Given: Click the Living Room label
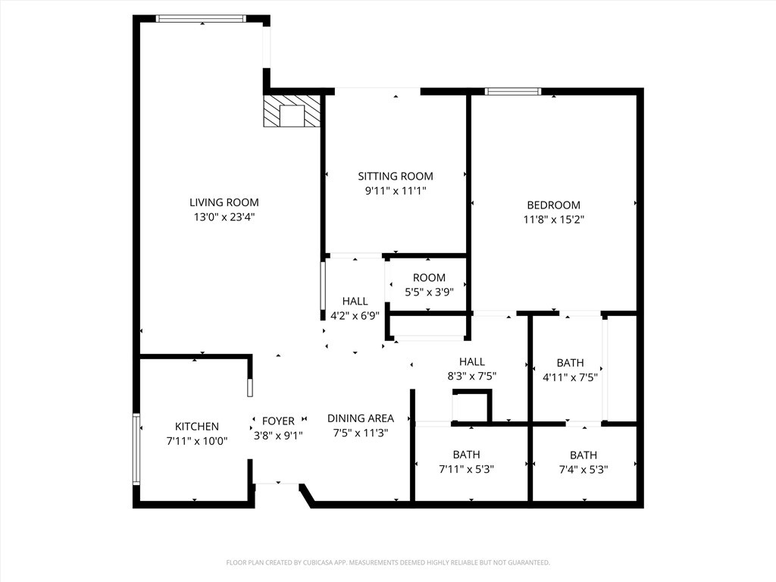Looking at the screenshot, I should click(224, 202).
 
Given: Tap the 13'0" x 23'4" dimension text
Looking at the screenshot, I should click(224, 217).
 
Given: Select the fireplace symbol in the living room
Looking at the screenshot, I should click(292, 112).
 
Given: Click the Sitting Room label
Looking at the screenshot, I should click(396, 176).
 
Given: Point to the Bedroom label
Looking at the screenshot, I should click(553, 205).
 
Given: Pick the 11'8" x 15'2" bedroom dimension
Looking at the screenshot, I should click(553, 220).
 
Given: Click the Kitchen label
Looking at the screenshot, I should click(196, 427).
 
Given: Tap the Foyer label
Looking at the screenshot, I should click(278, 421).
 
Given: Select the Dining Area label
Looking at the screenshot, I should click(360, 418).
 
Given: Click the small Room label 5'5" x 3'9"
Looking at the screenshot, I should click(429, 278).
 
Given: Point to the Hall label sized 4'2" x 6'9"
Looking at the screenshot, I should click(355, 302).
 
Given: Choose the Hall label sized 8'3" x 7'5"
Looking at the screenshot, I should click(471, 362).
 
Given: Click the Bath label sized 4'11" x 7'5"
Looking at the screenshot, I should click(570, 363).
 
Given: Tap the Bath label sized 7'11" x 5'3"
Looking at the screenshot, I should click(466, 455).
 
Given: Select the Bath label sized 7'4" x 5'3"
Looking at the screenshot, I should click(583, 455).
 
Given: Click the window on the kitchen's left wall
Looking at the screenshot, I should click(136, 449).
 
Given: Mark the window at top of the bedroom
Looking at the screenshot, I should click(512, 92).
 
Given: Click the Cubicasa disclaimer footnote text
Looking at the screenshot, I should click(388, 562).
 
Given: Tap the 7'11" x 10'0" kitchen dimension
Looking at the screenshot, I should click(196, 440).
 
